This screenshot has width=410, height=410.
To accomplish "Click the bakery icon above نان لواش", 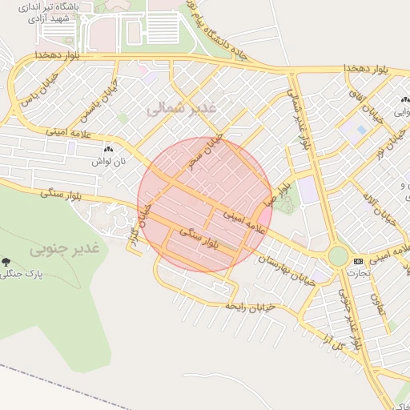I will click(x=108, y=149).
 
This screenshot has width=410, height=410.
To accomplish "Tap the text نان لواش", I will click(x=108, y=161).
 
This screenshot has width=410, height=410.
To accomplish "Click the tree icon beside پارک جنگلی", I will click(x=6, y=262).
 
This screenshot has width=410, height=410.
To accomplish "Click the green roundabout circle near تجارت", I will click(x=339, y=256).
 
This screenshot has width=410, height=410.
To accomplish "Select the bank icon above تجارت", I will click(x=357, y=261).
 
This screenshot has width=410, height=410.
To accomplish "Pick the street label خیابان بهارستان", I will click(x=282, y=260).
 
